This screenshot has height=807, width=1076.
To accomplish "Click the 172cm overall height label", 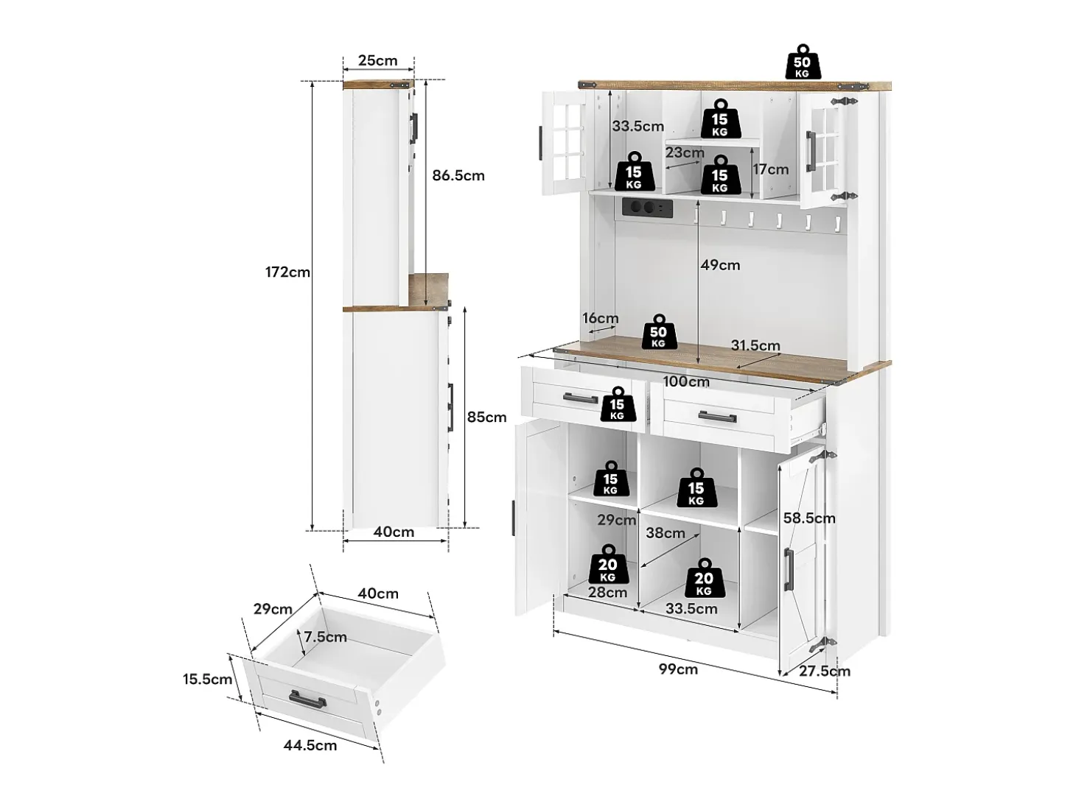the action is (287, 272).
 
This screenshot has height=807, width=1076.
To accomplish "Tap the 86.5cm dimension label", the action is (458, 175).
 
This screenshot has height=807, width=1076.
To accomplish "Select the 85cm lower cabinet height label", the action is (486, 417).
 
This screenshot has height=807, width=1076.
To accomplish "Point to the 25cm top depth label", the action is (377, 60).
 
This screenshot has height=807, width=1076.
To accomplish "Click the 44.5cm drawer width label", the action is (310, 745).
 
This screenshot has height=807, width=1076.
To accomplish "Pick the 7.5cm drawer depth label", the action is (325, 637).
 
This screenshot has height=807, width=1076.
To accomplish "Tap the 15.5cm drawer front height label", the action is (207, 679).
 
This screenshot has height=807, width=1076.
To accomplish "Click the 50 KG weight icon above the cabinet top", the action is (802, 62).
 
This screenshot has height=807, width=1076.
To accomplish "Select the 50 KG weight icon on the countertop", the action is (658, 332).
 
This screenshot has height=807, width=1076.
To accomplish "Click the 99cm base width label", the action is (678, 669).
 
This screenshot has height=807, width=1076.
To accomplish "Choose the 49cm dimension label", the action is (720, 265).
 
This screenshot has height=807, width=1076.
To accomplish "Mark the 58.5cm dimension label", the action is (809, 518).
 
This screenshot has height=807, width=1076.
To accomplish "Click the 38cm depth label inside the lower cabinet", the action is (665, 533).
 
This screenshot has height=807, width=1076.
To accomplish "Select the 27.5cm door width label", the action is (825, 671).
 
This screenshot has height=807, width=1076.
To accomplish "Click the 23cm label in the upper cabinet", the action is (685, 152).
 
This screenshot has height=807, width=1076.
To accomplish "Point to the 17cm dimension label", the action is (771, 169).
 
